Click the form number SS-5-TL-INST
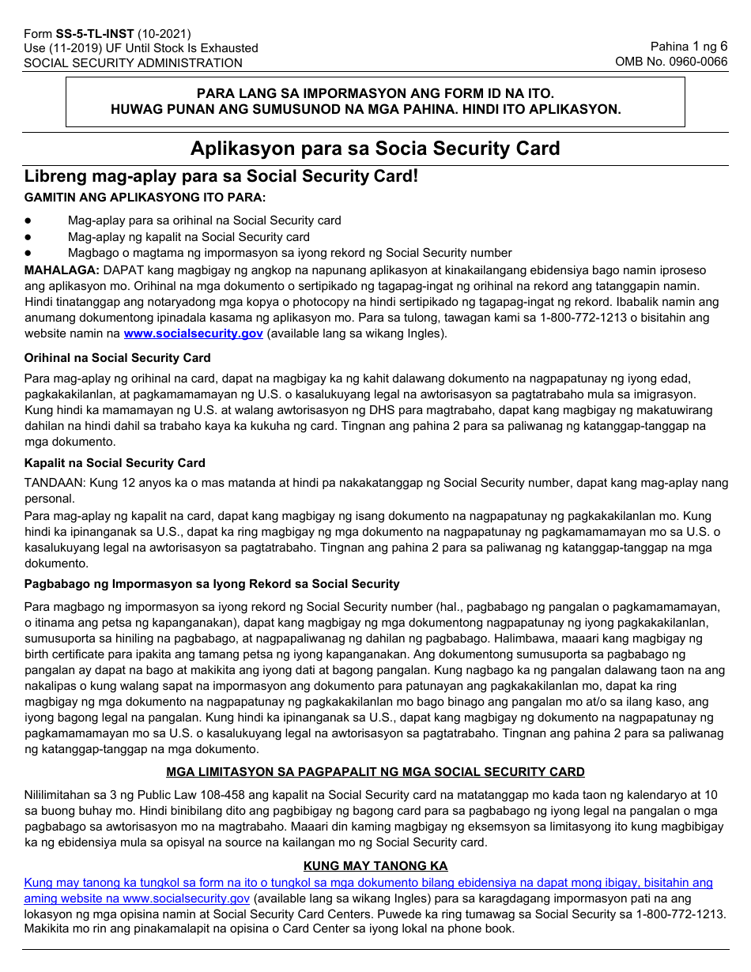95,34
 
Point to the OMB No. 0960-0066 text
671,62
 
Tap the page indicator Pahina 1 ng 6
689,47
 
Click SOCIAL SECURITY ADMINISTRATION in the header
133,63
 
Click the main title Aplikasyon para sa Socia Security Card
375,149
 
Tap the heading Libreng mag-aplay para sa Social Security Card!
221,176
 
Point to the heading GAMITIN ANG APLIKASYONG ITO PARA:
145,197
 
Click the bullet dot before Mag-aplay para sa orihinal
28,221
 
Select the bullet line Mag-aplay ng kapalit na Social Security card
188,237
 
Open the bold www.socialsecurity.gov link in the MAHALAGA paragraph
193,333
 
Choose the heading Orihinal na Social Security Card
117,358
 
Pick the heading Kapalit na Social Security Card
115,463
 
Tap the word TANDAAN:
55,482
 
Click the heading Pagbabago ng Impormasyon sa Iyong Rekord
212,584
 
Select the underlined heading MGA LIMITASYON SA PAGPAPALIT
375,772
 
